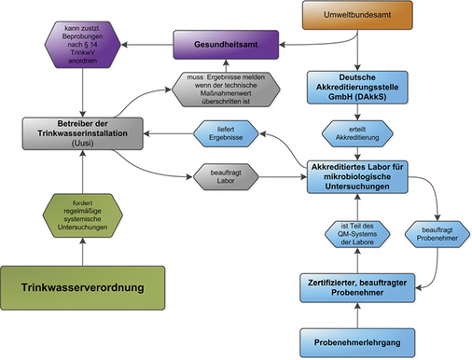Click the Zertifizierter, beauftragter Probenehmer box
pos(359,286)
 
